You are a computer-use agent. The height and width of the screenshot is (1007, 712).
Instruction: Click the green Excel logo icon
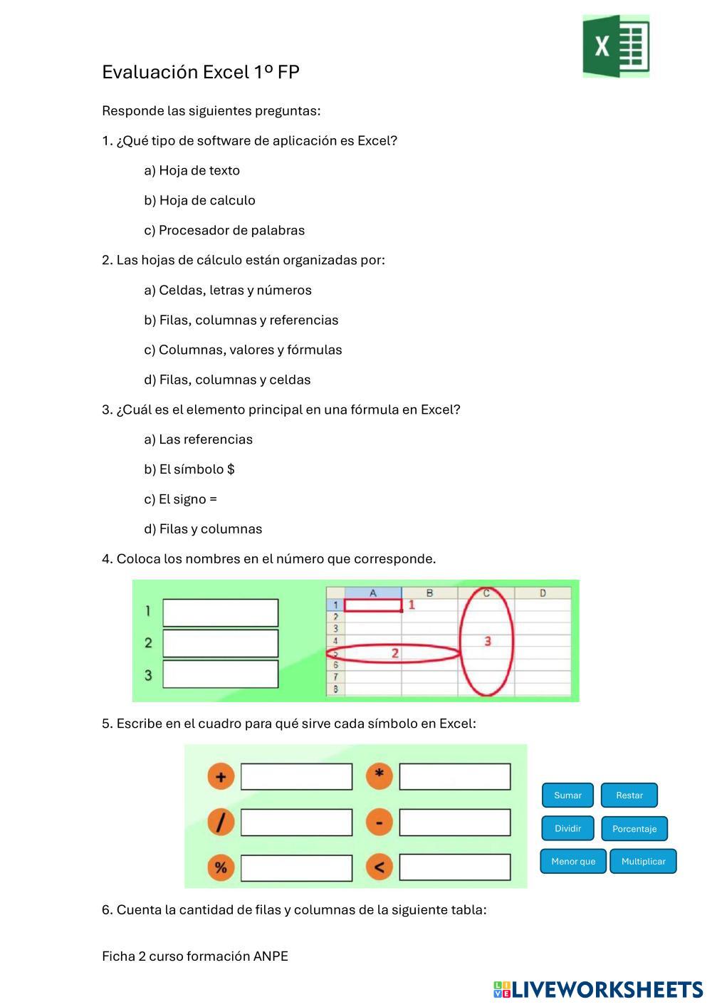(616, 46)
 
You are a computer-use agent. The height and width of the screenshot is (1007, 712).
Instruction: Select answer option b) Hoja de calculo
(199, 200)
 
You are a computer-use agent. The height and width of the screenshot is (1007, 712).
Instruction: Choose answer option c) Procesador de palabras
(224, 230)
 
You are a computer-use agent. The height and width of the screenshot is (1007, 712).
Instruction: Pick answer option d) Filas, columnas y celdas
(227, 380)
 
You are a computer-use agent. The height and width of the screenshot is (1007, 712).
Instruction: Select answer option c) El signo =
(180, 499)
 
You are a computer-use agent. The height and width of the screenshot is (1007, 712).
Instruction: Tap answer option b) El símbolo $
(189, 469)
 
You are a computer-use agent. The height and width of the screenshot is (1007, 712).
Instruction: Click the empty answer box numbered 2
(221, 643)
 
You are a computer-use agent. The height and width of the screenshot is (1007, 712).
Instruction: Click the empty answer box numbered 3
(221, 674)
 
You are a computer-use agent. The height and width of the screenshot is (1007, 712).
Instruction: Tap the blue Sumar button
(567, 795)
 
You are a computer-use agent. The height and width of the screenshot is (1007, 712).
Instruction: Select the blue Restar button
(629, 795)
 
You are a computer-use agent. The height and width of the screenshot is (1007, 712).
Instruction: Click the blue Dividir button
(567, 828)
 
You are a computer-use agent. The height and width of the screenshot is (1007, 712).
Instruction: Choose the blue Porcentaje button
(634, 829)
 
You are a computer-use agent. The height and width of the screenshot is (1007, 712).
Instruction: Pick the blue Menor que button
(573, 861)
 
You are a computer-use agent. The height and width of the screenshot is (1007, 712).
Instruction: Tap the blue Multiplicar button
(643, 861)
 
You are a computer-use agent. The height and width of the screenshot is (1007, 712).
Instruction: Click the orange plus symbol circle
(221, 776)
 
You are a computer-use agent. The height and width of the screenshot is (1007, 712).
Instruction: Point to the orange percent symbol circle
(221, 867)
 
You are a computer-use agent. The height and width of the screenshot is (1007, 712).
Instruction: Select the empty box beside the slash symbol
(296, 823)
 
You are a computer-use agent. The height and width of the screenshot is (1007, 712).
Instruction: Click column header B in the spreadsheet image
(429, 593)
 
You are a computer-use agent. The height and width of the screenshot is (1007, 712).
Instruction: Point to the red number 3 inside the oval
(488, 642)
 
